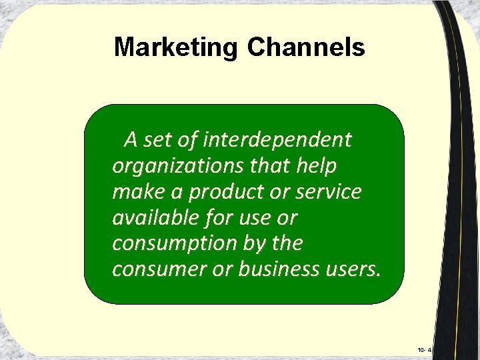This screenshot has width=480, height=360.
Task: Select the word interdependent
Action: (x=277, y=140)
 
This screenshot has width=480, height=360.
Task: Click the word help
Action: (x=317, y=166)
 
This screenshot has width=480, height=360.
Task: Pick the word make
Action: (x=136, y=192)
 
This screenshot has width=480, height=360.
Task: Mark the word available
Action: (x=151, y=217)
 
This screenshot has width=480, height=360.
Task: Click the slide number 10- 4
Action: (x=424, y=349)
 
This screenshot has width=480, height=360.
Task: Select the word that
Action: (x=265, y=166)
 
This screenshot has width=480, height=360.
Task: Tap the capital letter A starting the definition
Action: (x=131, y=140)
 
